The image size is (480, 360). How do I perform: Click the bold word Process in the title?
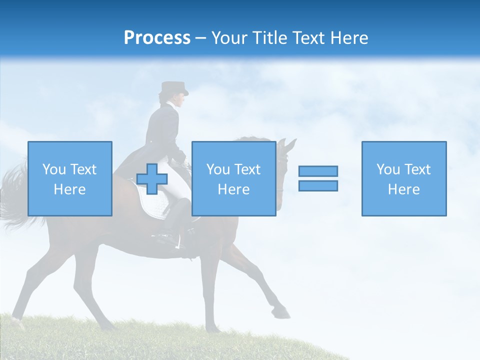click(x=157, y=38)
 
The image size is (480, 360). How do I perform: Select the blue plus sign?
click(x=152, y=178)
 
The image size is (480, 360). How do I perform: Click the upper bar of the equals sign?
click(x=318, y=171)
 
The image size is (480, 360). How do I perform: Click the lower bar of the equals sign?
click(x=318, y=186)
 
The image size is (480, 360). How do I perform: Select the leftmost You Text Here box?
click(x=70, y=178)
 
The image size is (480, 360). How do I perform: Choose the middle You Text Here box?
click(x=233, y=178)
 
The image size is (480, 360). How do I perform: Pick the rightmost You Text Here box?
click(x=403, y=178)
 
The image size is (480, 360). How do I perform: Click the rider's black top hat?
click(x=173, y=88)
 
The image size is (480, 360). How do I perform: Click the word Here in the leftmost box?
click(x=70, y=189)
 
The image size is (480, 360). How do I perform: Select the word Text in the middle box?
click(x=247, y=169)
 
